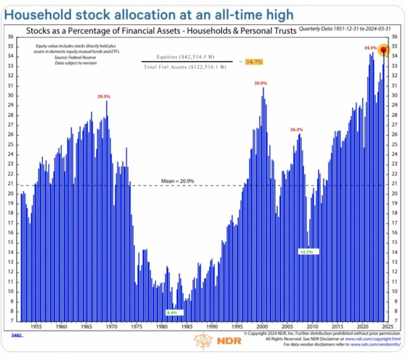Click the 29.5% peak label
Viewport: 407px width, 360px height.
104,97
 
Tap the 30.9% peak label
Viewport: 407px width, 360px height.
260,83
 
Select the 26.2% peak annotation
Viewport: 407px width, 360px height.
297,129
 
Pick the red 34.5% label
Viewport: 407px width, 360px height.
370,48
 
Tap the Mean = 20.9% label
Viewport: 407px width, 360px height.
177,181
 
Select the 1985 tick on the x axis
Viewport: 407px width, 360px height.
186,326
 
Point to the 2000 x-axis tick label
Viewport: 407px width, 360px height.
261,326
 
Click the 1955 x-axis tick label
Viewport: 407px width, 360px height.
36,326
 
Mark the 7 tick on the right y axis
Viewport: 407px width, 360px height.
395,320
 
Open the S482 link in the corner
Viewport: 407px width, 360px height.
17,334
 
